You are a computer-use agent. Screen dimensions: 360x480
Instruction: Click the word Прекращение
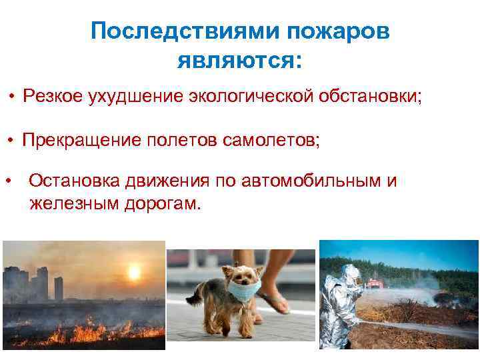pos(78,141)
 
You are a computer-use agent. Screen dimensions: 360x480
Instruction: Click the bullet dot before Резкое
pos(12,97)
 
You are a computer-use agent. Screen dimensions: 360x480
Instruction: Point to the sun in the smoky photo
pos(133,271)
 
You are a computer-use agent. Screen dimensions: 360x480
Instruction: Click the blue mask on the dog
pos(245,289)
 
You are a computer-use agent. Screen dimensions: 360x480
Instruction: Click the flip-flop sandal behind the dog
pos(275,304)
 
